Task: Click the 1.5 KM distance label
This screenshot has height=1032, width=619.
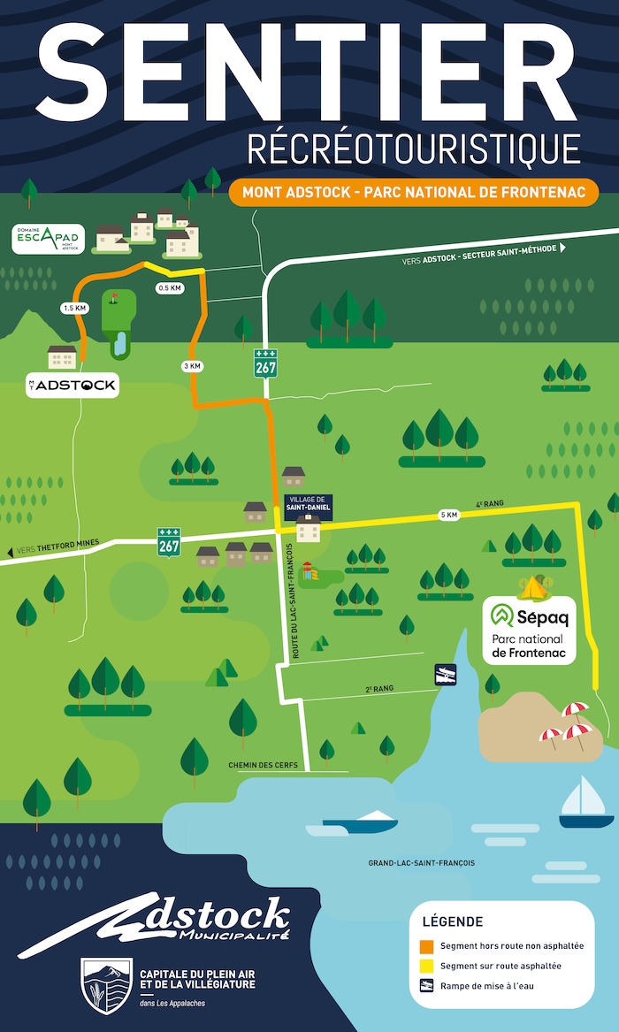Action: click(x=74, y=308)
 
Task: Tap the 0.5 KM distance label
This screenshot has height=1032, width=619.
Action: click(x=169, y=288)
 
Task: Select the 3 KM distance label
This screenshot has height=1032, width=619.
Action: click(x=191, y=365)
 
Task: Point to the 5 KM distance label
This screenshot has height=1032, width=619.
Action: click(x=449, y=516)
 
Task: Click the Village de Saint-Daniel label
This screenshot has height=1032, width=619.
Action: click(x=308, y=503)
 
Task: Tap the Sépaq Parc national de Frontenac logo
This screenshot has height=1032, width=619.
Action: click(x=529, y=631)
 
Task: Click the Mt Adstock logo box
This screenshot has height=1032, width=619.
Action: click(x=72, y=386)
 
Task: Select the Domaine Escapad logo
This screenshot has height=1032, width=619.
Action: click(x=49, y=239)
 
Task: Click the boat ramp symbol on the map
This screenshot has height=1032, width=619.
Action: click(x=445, y=675)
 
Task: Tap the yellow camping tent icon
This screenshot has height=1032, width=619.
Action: click(x=533, y=586)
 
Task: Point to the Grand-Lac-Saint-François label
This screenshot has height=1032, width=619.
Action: click(x=422, y=862)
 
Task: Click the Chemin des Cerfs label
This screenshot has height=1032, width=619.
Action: click(x=263, y=765)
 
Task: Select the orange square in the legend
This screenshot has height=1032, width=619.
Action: click(x=427, y=945)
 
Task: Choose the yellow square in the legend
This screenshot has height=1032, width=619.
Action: click(x=427, y=966)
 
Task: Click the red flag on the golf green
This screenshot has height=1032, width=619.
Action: click(x=113, y=299)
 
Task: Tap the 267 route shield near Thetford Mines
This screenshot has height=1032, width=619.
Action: click(x=169, y=542)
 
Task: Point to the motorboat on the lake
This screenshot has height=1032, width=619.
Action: click(x=362, y=822)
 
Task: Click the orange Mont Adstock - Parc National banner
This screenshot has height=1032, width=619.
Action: click(x=414, y=192)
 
